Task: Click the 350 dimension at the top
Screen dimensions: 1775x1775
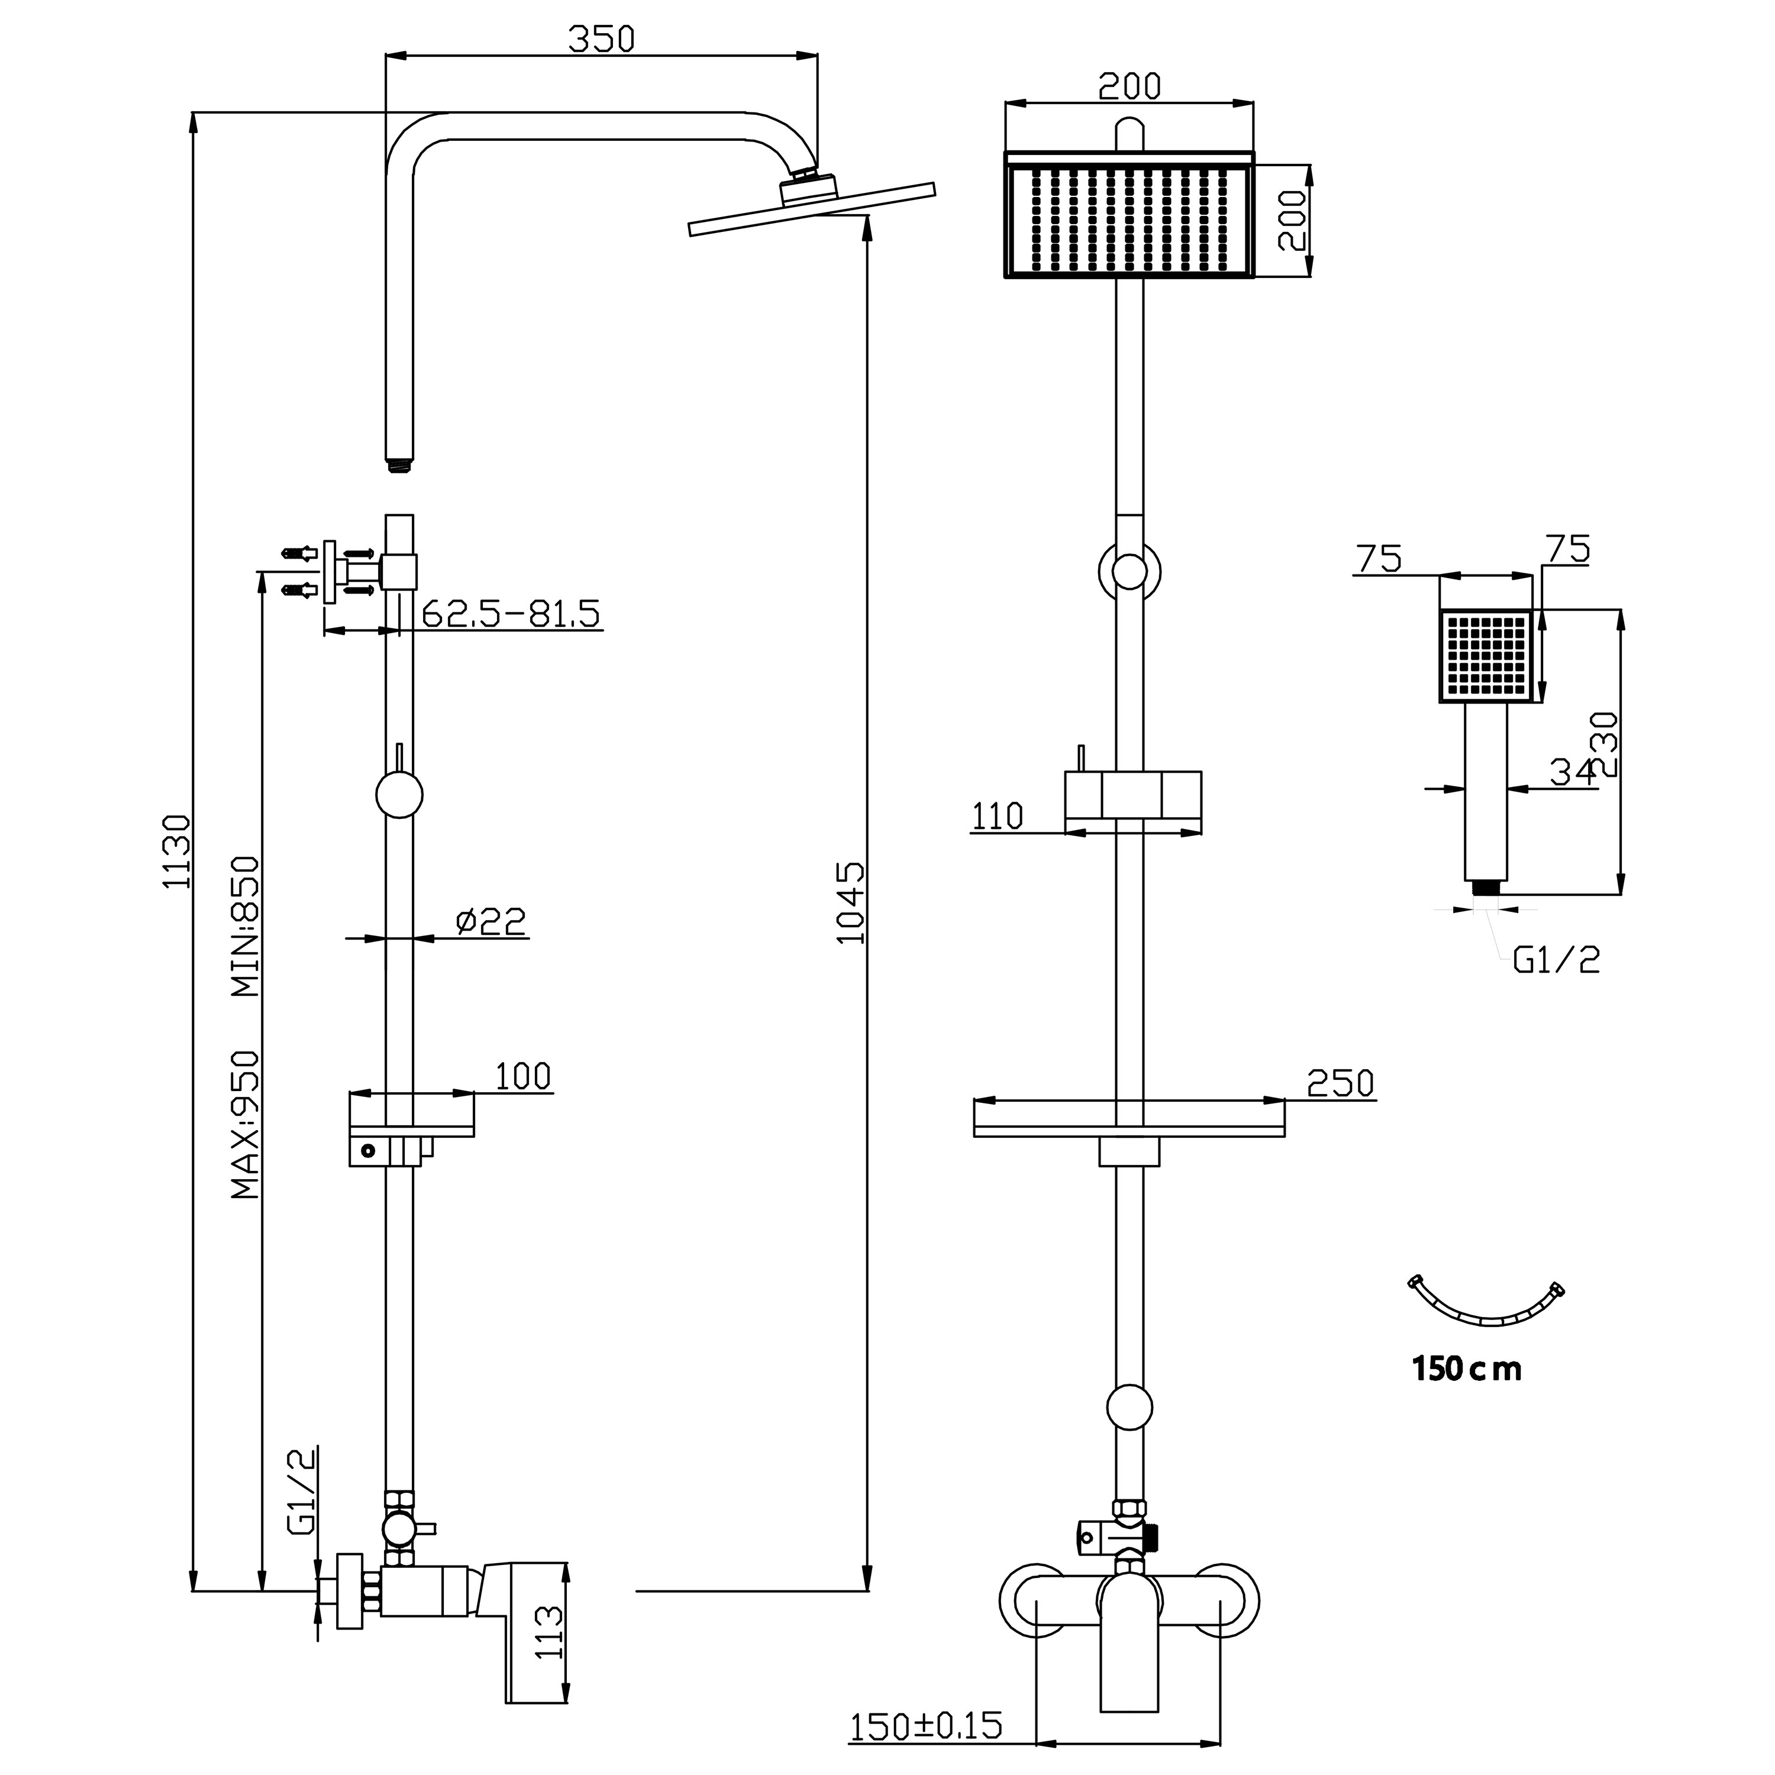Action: [x=601, y=40]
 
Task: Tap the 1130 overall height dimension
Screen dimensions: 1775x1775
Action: [x=176, y=851]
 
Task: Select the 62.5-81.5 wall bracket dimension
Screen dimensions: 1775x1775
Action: [x=511, y=613]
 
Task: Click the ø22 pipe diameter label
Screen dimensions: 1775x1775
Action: [x=492, y=921]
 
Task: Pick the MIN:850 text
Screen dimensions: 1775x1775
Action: [x=246, y=926]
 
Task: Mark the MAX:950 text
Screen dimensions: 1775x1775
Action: [x=246, y=1125]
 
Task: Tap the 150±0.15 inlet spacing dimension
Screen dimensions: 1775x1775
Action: [x=926, y=1725]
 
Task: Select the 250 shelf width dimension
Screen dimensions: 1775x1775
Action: [x=1341, y=1084]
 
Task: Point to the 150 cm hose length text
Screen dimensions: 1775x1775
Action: [x=1466, y=1395]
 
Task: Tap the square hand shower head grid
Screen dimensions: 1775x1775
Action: [x=1486, y=656]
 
